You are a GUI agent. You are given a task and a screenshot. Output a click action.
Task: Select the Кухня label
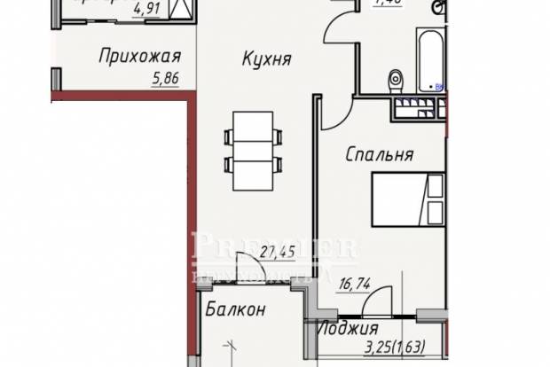[267, 59]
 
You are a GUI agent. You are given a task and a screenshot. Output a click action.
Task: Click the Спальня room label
[379, 155]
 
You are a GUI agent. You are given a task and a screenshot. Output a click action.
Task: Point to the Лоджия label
[342, 328]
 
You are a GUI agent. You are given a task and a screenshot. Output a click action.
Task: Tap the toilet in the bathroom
[396, 80]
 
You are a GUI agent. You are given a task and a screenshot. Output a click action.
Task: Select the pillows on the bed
[435, 200]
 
